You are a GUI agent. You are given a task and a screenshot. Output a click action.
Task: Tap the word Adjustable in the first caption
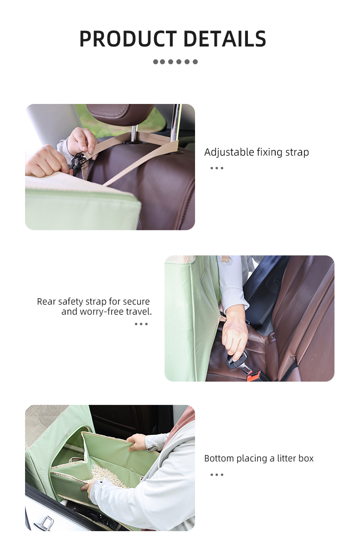(x=229, y=152)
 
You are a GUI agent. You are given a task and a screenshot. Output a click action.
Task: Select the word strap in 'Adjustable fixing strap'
(x=297, y=153)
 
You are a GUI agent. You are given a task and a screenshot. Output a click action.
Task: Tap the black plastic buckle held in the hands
(x=77, y=162)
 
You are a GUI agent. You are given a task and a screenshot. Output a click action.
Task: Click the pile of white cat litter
(x=104, y=475)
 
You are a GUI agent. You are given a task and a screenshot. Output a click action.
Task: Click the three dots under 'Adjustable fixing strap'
(x=217, y=168)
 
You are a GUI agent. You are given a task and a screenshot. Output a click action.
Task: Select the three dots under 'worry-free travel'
(x=141, y=324)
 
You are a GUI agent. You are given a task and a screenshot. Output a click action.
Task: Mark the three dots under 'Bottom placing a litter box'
(x=217, y=475)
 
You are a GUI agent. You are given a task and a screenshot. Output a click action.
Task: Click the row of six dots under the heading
(x=175, y=62)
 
